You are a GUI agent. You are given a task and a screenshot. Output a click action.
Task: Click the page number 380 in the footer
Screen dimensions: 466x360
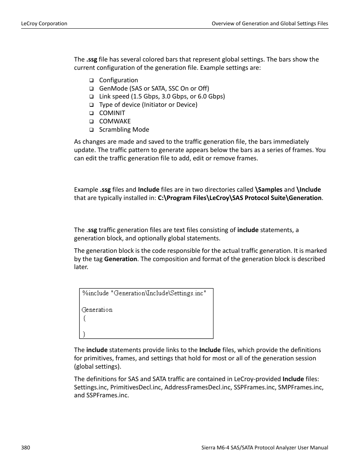[x=26, y=448]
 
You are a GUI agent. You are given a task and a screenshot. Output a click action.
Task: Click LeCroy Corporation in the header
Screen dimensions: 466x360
[x=44, y=23]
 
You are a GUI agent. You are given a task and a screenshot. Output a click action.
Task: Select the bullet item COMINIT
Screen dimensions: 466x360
[x=112, y=113]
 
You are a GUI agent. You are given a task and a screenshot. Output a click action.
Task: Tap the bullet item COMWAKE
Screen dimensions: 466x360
[x=115, y=121]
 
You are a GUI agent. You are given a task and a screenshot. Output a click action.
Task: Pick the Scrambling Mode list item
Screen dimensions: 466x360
[x=124, y=129]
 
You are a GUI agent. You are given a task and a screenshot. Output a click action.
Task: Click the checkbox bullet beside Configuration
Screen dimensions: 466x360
[x=91, y=80]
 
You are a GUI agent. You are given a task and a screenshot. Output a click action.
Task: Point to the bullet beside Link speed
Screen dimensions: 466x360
[x=91, y=97]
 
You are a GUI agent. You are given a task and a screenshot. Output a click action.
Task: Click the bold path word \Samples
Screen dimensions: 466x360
[x=269, y=189]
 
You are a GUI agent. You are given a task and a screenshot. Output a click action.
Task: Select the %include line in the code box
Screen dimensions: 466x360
[x=144, y=293]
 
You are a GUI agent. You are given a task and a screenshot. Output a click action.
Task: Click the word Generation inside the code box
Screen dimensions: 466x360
[x=97, y=310]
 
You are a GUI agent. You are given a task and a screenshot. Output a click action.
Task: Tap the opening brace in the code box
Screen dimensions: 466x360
[x=85, y=318]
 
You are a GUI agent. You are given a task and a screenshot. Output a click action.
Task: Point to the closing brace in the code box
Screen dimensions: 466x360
[x=84, y=334]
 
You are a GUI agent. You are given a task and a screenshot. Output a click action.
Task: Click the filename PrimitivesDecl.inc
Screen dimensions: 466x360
[x=136, y=387]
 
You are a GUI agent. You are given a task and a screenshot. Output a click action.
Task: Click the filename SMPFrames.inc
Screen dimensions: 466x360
[x=300, y=387]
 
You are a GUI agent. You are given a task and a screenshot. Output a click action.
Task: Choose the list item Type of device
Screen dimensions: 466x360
[x=148, y=105]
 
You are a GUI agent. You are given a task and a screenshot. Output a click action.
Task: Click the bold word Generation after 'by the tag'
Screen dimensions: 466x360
[x=120, y=259]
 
